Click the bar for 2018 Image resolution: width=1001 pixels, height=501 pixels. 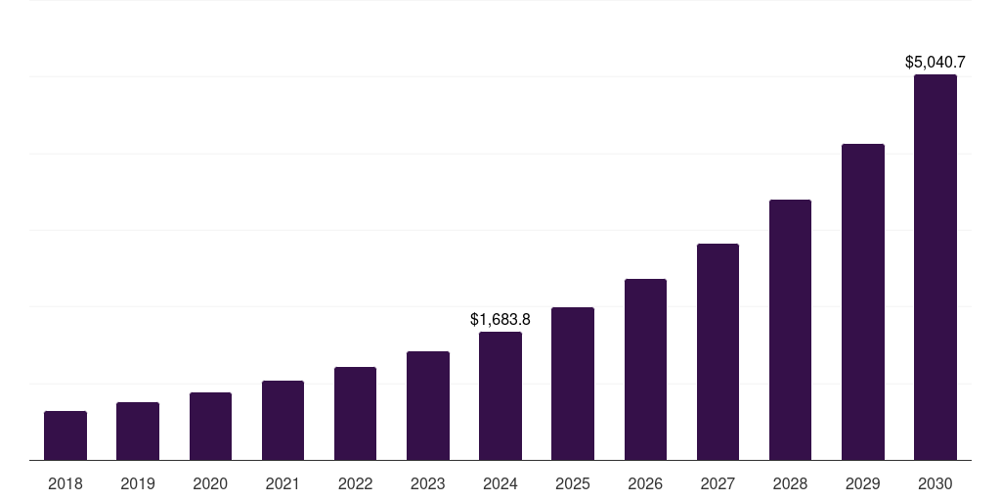coord(65,435)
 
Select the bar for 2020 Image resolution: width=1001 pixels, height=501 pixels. coord(210,427)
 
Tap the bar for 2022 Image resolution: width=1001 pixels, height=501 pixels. coord(355,414)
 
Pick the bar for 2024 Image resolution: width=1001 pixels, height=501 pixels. coord(500,396)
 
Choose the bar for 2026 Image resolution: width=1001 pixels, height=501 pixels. coord(645,370)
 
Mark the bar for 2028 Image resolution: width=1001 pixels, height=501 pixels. coord(790,330)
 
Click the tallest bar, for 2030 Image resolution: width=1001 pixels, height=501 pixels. coord(936,267)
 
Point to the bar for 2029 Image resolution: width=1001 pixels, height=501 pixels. coord(863,302)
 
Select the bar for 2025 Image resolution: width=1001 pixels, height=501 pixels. coord(573,384)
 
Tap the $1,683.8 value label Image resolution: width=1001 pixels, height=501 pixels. coord(500,319)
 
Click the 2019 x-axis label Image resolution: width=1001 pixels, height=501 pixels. coord(138,483)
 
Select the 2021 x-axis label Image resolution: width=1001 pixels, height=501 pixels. coord(283,483)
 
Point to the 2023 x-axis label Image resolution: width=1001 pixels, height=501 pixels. coord(428,483)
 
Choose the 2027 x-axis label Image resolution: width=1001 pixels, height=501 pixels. coord(718,483)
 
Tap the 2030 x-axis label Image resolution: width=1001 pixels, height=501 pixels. coord(936,483)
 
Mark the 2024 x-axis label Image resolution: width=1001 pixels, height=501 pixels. coord(500,483)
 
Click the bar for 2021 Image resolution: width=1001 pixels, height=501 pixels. coord(283,421)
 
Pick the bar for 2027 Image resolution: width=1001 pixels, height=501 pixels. coord(718,352)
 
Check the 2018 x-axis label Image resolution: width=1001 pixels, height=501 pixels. coord(65,483)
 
